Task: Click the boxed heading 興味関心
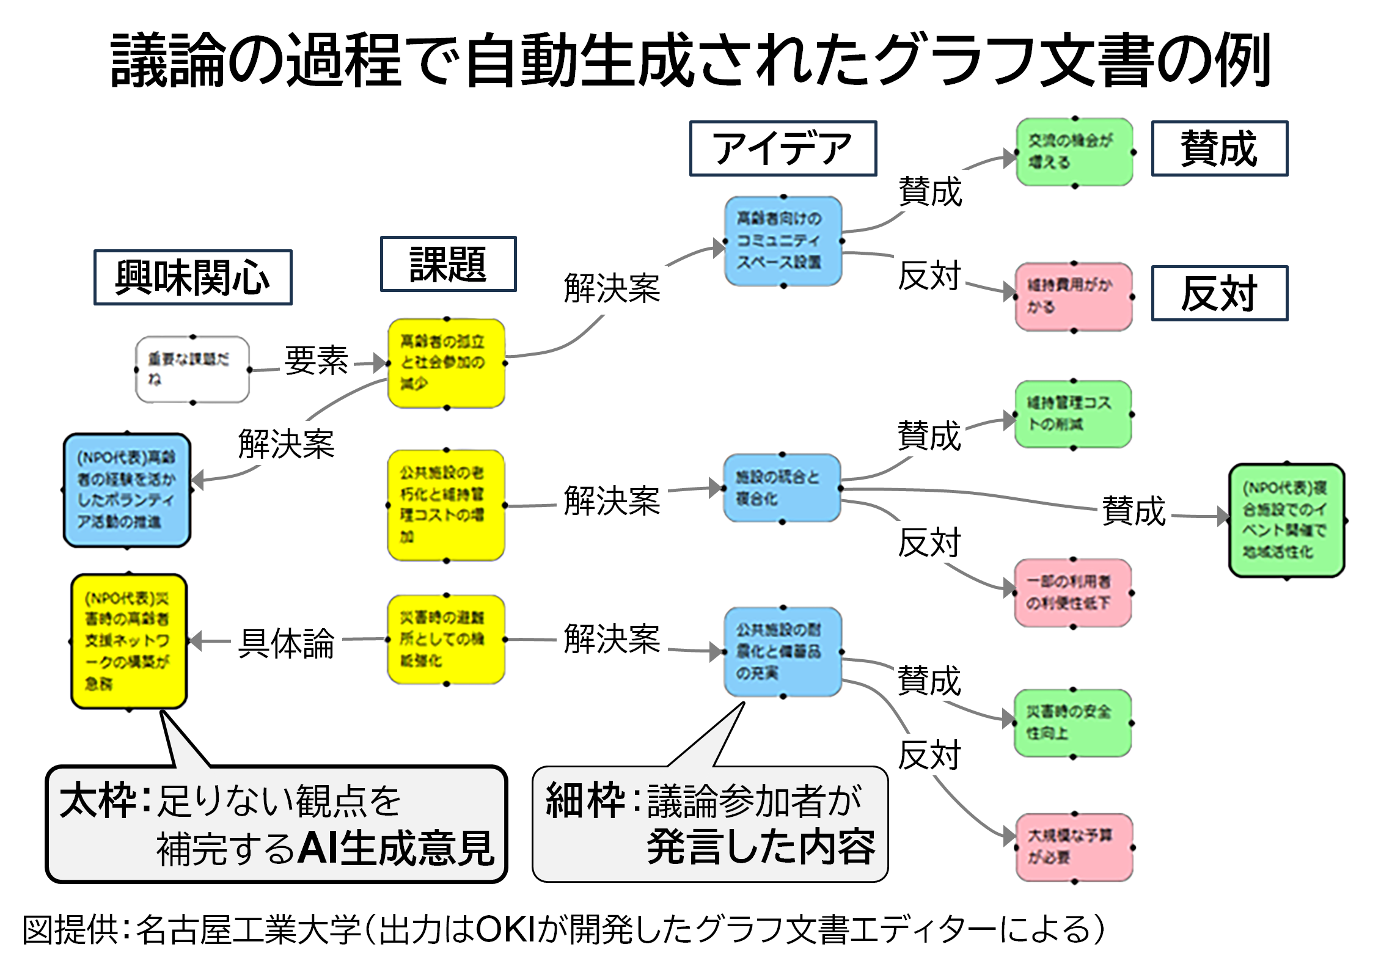(192, 277)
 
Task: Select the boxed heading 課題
(448, 264)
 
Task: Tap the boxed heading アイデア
(783, 148)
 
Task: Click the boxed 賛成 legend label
(1219, 148)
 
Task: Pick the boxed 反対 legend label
(1219, 293)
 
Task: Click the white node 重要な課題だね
(192, 370)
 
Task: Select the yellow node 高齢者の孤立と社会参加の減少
(446, 363)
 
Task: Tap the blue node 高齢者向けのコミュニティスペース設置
(783, 241)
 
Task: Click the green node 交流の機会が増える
(1074, 152)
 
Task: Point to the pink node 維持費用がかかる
(1073, 297)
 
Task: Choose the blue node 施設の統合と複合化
(782, 488)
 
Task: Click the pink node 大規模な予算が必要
(1074, 847)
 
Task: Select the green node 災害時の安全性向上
(1072, 723)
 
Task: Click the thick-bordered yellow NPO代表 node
(129, 641)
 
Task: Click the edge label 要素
(316, 360)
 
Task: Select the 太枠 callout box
(276, 824)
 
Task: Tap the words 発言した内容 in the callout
(761, 847)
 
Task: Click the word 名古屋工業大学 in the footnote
(249, 930)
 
